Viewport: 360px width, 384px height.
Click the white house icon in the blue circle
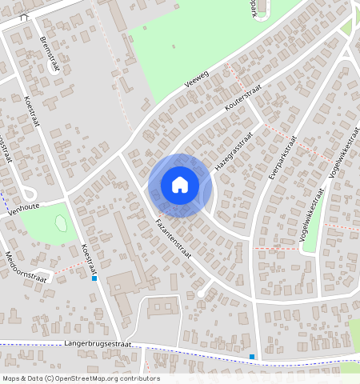[x=180, y=185]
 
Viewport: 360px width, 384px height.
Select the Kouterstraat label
[x=243, y=102]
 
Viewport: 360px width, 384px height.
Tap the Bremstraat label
[x=49, y=54]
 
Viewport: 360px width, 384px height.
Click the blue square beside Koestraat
[x=94, y=278]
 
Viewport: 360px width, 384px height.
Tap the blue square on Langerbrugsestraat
[x=252, y=357]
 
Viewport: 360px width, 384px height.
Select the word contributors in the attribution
[x=140, y=378]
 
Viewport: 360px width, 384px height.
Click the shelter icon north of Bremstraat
[x=23, y=16]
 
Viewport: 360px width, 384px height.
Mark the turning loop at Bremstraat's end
[x=28, y=193]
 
